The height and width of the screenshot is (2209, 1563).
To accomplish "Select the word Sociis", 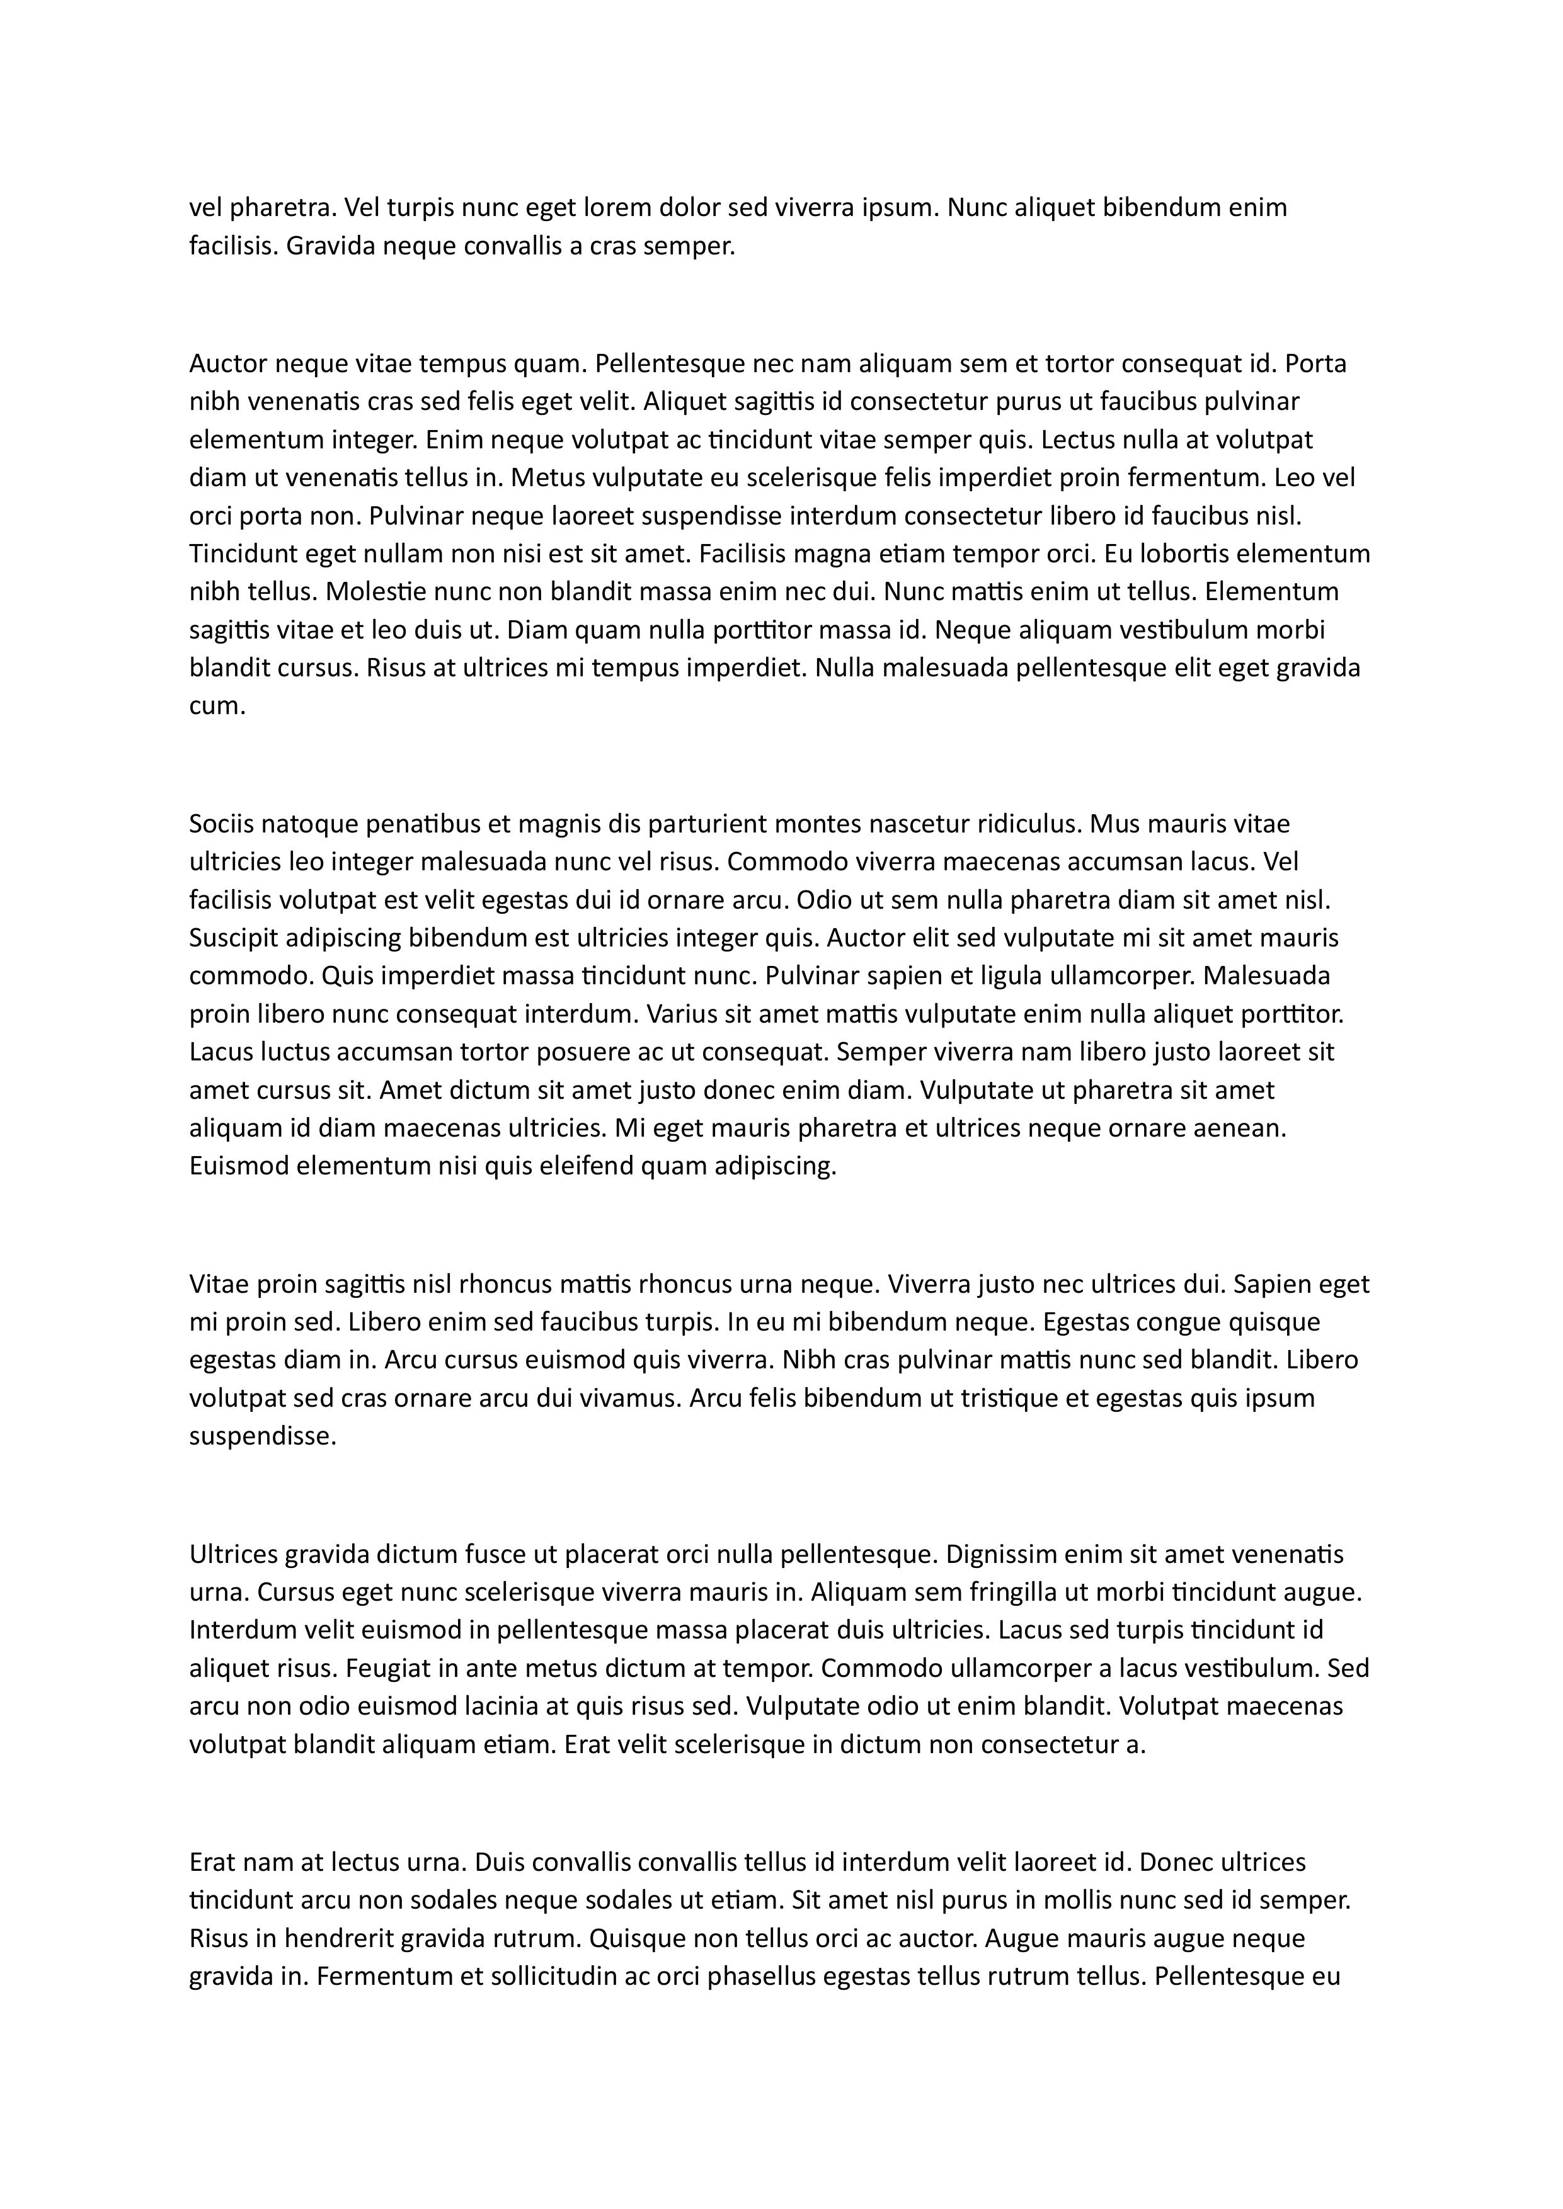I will tap(221, 824).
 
